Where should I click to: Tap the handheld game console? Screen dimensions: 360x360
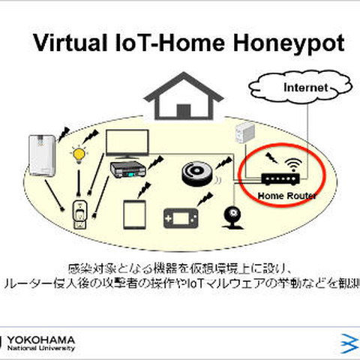[x=183, y=218]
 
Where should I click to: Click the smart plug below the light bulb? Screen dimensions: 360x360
[x=78, y=215]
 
